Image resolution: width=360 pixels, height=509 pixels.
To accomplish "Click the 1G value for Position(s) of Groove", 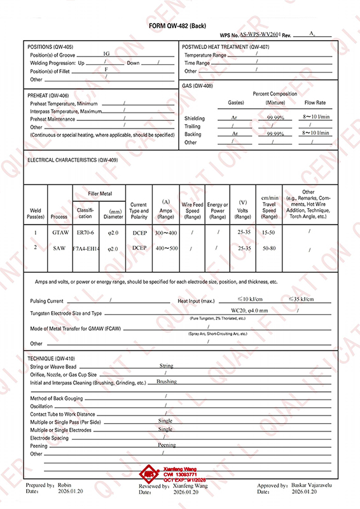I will (106, 55).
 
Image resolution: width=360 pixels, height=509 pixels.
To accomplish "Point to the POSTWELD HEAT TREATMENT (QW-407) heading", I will (226, 48).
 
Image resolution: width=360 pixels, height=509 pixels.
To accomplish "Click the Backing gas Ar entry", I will (235, 134).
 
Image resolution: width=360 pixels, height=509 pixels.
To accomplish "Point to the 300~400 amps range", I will (165, 233).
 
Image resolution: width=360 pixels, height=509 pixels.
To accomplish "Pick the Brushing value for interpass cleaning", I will (167, 382).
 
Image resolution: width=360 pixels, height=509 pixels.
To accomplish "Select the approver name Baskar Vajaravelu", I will (308, 485).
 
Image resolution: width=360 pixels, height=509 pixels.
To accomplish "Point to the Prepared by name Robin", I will (65, 485).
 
